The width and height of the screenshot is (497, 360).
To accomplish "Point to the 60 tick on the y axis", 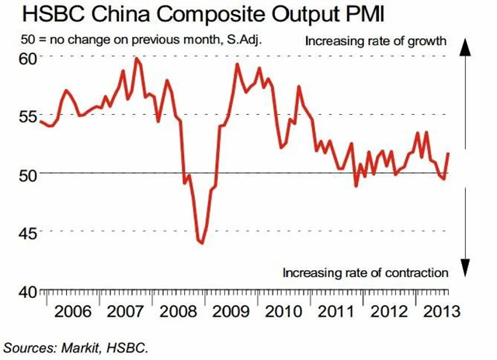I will click(27, 58).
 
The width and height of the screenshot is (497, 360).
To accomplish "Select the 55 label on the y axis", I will click(27, 116).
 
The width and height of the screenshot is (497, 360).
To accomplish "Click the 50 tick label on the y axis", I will click(27, 174).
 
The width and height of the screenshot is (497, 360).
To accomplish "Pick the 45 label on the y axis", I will click(27, 232).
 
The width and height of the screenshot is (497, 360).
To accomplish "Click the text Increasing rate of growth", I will click(376, 40).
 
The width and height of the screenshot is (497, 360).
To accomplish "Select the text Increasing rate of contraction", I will click(365, 272).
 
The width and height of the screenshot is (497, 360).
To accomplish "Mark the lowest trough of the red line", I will click(202, 243).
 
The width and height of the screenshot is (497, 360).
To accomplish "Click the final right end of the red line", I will click(448, 154).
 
